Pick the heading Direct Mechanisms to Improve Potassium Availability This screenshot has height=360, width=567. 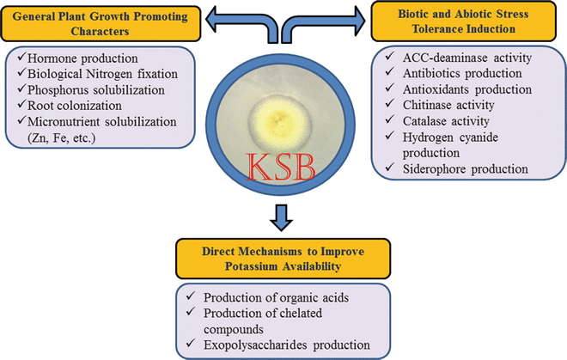[x=285, y=259]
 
